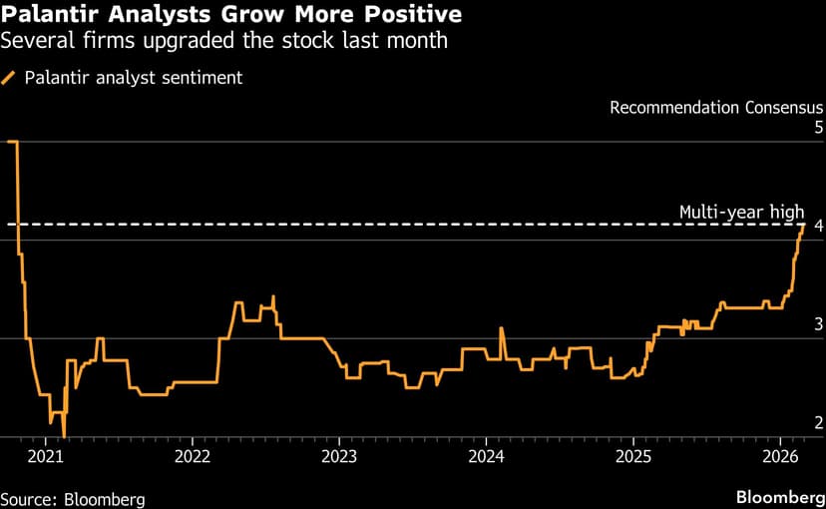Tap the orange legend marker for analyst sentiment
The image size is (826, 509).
pos(9,78)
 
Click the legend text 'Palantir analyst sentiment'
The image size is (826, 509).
pos(134,78)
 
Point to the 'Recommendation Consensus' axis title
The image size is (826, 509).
pos(716,107)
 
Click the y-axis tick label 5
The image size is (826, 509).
pos(818,128)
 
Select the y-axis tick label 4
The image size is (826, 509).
pos(818,227)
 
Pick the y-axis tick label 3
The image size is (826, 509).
pos(818,324)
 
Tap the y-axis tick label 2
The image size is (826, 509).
pos(818,423)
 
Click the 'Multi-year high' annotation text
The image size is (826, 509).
pos(741,212)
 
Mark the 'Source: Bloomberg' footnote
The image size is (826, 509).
pos(73,498)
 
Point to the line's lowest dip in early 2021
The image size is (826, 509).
pos(64,435)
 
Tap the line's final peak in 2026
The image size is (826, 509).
pos(803,225)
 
